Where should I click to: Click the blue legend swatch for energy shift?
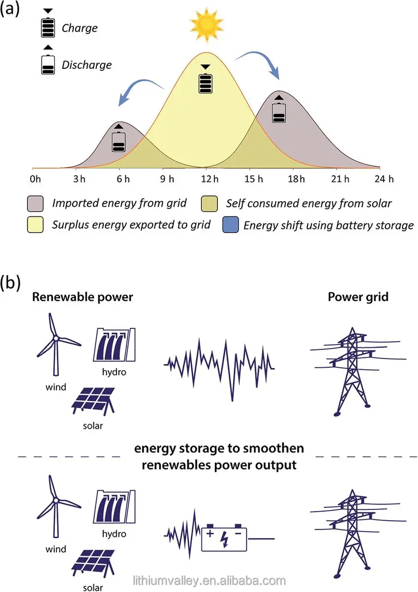(x=231, y=225)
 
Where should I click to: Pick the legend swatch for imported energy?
(x=35, y=203)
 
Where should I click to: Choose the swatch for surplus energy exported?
(x=35, y=225)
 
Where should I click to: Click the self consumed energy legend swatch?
(x=210, y=203)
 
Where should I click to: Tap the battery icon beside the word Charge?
(x=48, y=28)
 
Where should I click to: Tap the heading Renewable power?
(x=83, y=297)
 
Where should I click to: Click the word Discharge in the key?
(x=87, y=64)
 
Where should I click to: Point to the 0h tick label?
(x=36, y=179)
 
